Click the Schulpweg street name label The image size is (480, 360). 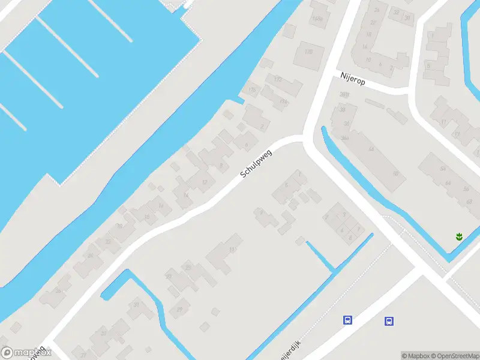256,163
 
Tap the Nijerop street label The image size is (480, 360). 352,77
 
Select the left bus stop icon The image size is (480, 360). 347,320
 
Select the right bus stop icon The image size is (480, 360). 389,321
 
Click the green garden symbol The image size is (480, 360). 460,236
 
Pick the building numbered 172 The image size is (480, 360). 277,79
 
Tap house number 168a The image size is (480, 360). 318,19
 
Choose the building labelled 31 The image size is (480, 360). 136,305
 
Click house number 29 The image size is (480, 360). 179,309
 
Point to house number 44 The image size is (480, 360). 371,149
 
